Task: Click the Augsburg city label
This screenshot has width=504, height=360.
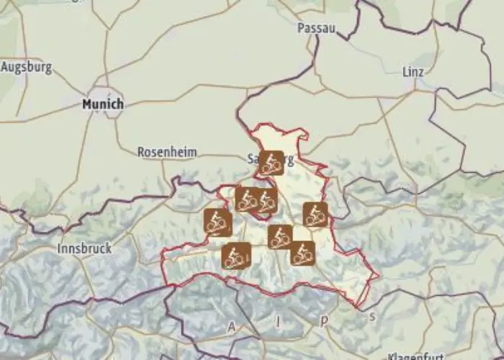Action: coord(27,68)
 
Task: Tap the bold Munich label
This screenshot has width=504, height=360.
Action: coord(103,104)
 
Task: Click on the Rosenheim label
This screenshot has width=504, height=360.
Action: coord(167,152)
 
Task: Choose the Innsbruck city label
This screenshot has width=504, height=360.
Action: coord(84,248)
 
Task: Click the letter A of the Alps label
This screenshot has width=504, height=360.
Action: coord(232,328)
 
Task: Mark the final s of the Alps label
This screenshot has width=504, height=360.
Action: coord(372,315)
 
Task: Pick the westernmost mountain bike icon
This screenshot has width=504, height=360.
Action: coord(217,222)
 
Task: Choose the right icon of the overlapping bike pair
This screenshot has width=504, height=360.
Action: coord(267,200)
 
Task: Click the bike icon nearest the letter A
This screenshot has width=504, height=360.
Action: coord(236,256)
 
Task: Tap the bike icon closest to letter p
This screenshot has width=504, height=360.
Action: coord(303,253)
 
